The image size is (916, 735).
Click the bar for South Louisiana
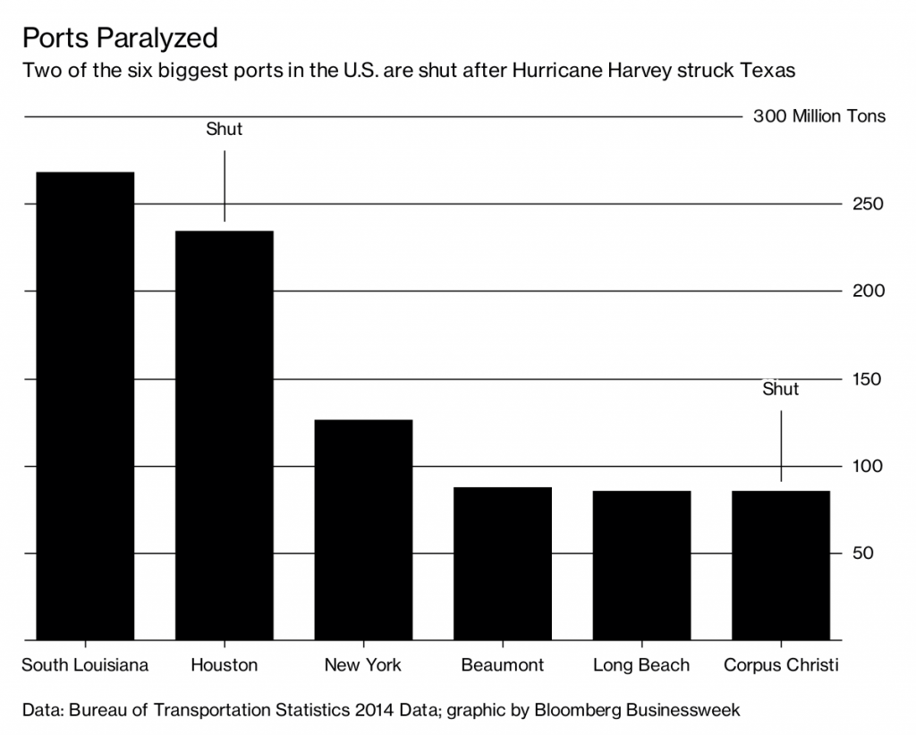click(85, 406)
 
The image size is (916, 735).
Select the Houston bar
click(225, 435)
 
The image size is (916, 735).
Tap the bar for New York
click(363, 529)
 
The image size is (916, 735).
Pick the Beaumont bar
click(503, 563)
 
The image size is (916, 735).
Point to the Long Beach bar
click(641, 565)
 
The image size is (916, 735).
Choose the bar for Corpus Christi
click(781, 565)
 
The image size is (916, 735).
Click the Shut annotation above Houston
click(225, 130)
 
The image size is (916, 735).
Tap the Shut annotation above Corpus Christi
click(781, 389)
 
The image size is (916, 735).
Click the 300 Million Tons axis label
click(819, 117)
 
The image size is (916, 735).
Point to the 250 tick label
click(867, 204)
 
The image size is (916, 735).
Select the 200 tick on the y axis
click(867, 291)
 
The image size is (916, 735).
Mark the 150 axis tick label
click(867, 379)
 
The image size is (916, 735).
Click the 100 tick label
click(867, 466)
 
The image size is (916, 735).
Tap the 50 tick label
click(862, 553)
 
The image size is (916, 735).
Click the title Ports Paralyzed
click(120, 38)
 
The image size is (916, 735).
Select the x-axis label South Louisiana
click(85, 665)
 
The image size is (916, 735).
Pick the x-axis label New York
click(363, 665)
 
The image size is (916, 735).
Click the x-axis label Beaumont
click(503, 665)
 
